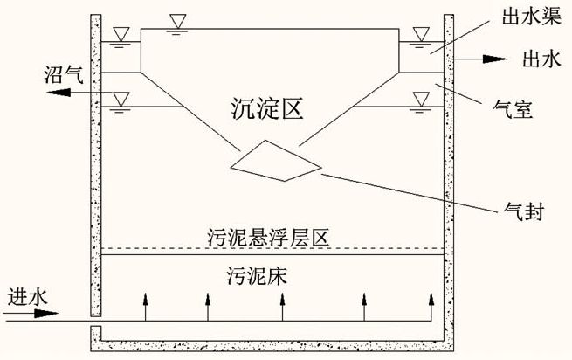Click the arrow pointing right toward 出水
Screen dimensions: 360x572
pos(485,59)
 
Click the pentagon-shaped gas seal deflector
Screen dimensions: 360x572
pos(276,162)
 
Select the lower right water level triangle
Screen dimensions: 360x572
pos(422,100)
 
